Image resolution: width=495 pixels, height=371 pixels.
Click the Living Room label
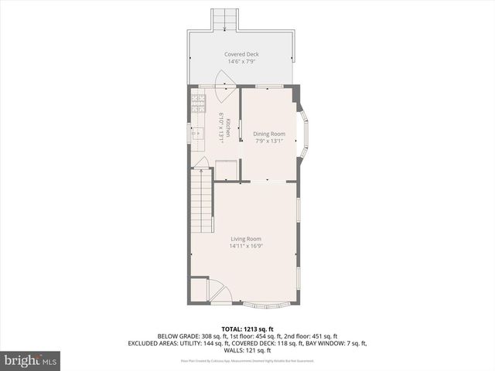click(x=246, y=239)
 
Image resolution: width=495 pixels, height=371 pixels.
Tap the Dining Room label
click(x=269, y=134)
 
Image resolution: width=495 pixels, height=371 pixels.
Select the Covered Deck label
click(x=241, y=54)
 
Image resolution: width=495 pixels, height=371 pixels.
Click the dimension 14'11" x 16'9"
click(x=246, y=247)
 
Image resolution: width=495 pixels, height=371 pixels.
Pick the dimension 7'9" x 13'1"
click(x=269, y=141)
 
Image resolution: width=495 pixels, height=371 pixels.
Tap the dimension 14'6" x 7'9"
click(x=241, y=61)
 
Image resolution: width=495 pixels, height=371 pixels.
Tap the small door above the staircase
click(x=200, y=163)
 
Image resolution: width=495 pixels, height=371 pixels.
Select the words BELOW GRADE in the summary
click(x=177, y=336)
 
